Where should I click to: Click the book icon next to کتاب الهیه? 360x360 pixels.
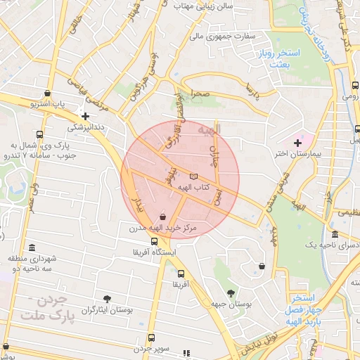[194, 176]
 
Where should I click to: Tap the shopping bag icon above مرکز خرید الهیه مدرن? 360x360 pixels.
[163, 217]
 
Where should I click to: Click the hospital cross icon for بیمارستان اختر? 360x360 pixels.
[297, 143]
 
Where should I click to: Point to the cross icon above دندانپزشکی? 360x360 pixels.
[86, 117]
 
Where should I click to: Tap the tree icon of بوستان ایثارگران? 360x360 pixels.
[107, 299]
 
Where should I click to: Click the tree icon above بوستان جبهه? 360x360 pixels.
[230, 292]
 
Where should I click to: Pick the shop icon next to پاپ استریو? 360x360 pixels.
[47, 93]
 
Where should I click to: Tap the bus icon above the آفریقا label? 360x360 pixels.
[181, 274]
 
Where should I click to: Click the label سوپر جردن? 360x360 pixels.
[153, 349]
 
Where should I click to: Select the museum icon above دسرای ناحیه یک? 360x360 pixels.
[334, 234]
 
